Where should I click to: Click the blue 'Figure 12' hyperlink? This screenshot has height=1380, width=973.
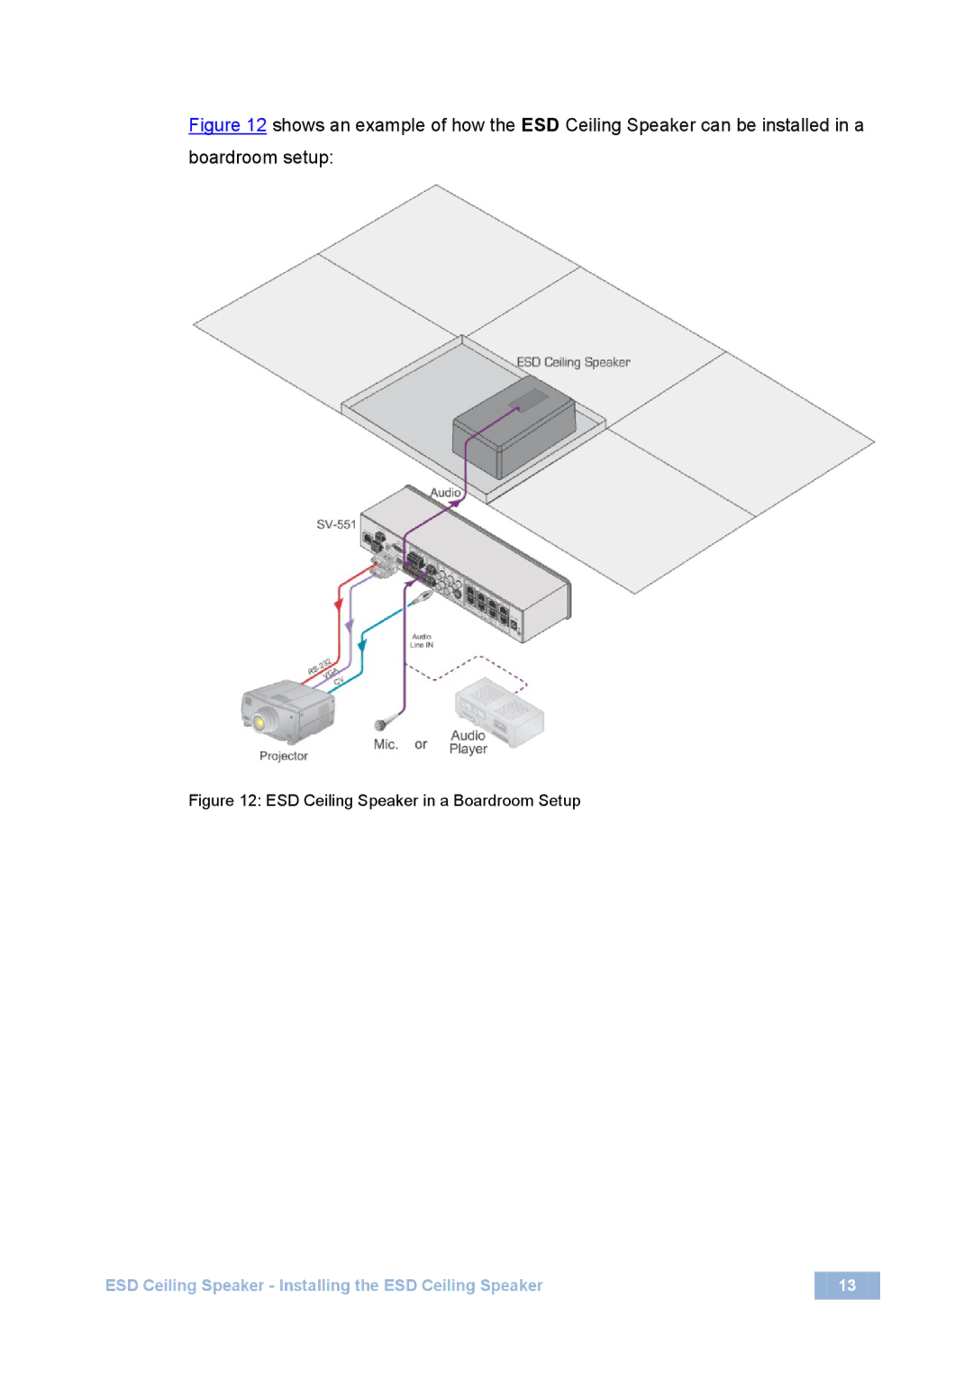pyautogui.click(x=227, y=125)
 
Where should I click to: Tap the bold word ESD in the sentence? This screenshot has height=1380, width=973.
pyautogui.click(x=540, y=125)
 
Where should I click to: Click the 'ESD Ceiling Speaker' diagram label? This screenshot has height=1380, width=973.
pyautogui.click(x=573, y=362)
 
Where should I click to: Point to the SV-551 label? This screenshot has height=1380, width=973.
pyautogui.click(x=336, y=524)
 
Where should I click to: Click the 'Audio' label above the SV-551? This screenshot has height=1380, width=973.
pyautogui.click(x=445, y=493)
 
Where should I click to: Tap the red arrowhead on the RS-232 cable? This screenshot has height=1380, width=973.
pyautogui.click(x=339, y=604)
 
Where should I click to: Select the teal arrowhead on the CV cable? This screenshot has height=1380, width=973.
pyautogui.click(x=362, y=645)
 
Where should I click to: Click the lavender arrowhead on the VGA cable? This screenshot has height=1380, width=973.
pyautogui.click(x=350, y=624)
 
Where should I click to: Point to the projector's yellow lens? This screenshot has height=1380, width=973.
pyautogui.click(x=259, y=722)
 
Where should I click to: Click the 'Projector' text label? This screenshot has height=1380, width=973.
pyautogui.click(x=284, y=756)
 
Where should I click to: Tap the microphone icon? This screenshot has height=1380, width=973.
pyautogui.click(x=381, y=724)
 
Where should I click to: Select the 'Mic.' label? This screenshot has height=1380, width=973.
pyautogui.click(x=386, y=744)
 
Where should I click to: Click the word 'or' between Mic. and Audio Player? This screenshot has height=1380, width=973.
pyautogui.click(x=421, y=744)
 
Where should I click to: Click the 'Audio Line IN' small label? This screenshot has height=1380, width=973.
pyautogui.click(x=422, y=640)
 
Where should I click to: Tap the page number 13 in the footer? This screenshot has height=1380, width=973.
pyautogui.click(x=847, y=1285)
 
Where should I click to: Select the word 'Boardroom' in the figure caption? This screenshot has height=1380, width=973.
pyautogui.click(x=493, y=801)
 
